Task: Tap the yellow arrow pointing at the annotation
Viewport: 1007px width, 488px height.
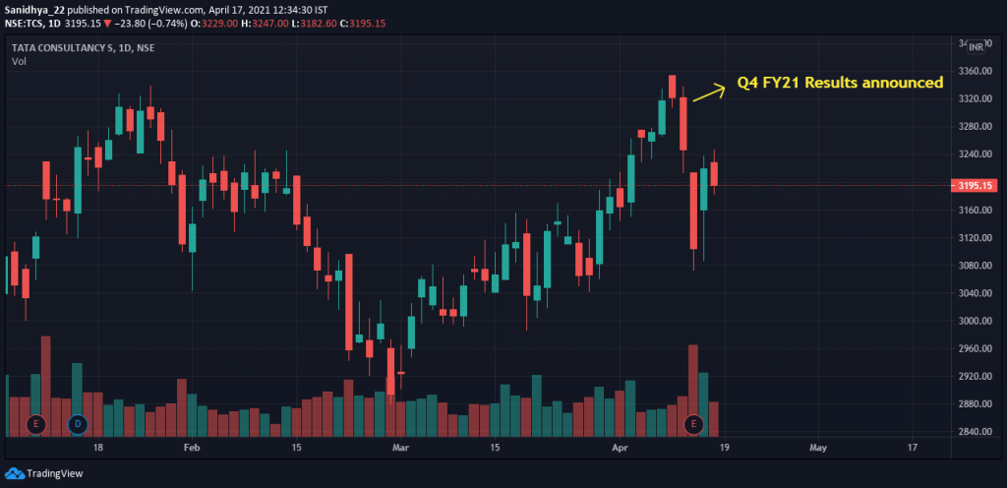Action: pyautogui.click(x=707, y=91)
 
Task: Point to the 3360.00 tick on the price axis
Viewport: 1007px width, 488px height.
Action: pyautogui.click(x=976, y=72)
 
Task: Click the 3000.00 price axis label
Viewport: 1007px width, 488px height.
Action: pyautogui.click(x=976, y=321)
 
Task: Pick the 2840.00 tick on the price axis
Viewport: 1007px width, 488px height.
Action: pyautogui.click(x=976, y=432)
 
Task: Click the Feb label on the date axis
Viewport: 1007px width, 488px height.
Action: pyautogui.click(x=192, y=448)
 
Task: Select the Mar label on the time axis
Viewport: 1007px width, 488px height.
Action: pyautogui.click(x=400, y=448)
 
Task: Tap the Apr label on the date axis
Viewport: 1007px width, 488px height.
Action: pyautogui.click(x=621, y=448)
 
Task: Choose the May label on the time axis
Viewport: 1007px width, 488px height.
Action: pyautogui.click(x=818, y=448)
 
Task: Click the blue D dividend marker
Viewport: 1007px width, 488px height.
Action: pyautogui.click(x=78, y=424)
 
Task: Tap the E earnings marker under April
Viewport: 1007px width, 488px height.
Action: pyautogui.click(x=693, y=424)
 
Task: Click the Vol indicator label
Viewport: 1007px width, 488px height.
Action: pyautogui.click(x=19, y=61)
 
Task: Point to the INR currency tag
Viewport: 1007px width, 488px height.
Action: pyautogui.click(x=976, y=46)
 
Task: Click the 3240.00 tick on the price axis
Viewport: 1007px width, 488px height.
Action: pyautogui.click(x=976, y=154)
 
